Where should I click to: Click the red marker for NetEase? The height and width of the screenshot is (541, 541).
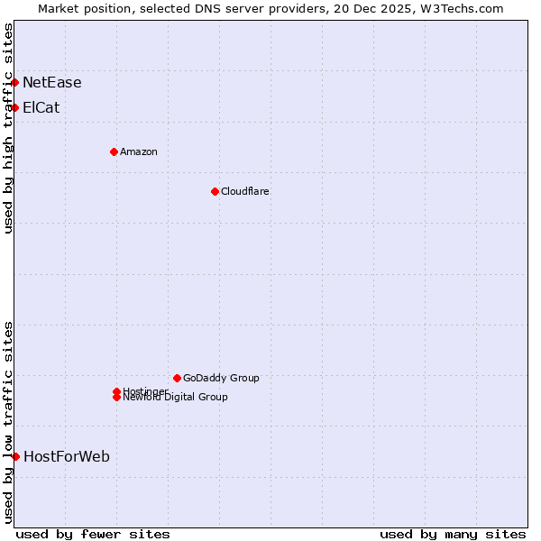click(15, 83)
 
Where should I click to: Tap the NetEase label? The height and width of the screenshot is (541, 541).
click(52, 83)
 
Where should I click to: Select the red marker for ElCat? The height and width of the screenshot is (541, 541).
click(15, 108)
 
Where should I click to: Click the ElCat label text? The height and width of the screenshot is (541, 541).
click(41, 108)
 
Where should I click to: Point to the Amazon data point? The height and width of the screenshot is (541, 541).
click(115, 151)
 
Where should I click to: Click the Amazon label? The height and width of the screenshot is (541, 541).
click(139, 151)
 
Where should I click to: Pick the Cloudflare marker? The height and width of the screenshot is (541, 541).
click(215, 191)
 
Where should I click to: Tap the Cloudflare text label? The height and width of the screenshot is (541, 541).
click(245, 191)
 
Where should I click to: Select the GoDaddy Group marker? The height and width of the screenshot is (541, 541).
click(177, 378)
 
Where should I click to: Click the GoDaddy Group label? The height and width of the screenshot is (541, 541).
click(221, 378)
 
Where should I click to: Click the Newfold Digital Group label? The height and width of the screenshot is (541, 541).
click(176, 398)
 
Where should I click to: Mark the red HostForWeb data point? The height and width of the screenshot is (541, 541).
click(15, 457)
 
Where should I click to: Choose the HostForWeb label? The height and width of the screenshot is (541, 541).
click(67, 457)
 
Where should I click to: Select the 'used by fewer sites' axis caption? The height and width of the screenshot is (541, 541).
click(93, 534)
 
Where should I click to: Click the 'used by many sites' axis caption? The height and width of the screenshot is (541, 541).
click(453, 534)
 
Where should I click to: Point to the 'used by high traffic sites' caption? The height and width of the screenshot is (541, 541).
click(9, 128)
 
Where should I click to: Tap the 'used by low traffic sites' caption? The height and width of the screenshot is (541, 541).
click(9, 422)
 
